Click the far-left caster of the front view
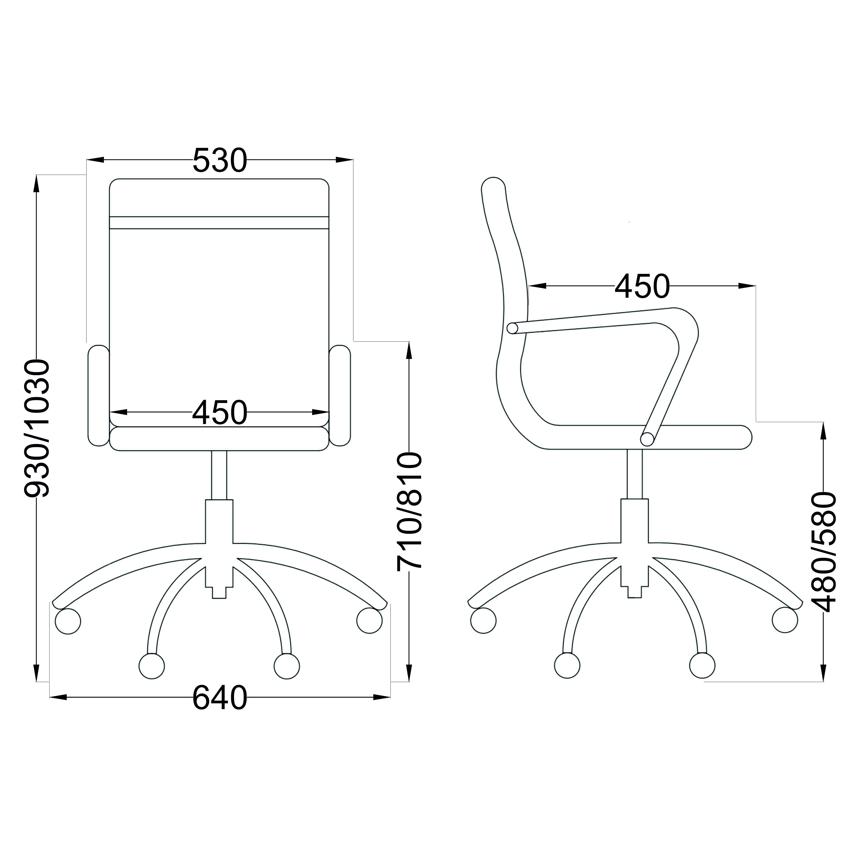(x=68, y=621)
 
